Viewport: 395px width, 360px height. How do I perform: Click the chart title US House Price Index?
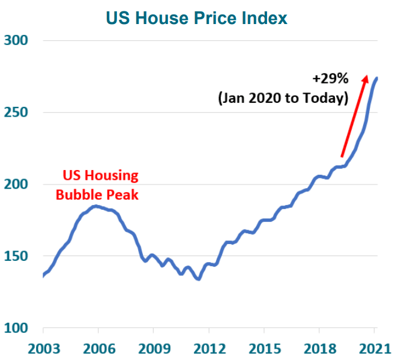point(196,18)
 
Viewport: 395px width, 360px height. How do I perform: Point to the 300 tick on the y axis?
point(16,40)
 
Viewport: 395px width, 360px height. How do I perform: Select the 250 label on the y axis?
point(16,112)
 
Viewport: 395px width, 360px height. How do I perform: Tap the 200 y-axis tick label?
point(16,184)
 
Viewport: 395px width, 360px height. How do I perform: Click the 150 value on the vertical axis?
point(16,256)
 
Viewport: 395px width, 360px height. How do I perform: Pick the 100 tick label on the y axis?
point(16,328)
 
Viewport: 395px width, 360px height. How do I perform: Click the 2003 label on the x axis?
point(44,349)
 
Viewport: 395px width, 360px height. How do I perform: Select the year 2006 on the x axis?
point(99,349)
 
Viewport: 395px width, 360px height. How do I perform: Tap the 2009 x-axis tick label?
point(154,349)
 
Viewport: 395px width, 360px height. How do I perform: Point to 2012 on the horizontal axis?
point(210,349)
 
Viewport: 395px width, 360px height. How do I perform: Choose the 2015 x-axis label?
point(265,349)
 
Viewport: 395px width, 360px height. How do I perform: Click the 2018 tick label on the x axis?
point(320,349)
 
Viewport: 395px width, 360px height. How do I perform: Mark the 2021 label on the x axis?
point(375,349)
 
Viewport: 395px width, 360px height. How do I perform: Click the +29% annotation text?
point(330,78)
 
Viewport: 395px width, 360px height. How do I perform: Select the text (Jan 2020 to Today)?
point(283,98)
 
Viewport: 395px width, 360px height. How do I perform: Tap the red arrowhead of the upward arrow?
point(365,78)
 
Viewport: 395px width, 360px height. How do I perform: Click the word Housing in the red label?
point(112,176)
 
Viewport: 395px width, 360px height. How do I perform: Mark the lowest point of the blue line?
point(199,279)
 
